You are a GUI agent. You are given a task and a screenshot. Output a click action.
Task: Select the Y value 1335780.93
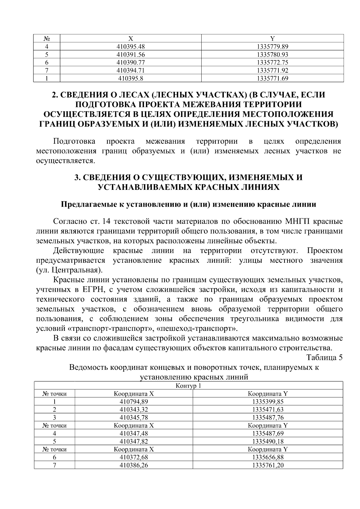(x=272, y=55)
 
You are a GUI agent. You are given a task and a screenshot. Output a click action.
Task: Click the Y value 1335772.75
(x=272, y=63)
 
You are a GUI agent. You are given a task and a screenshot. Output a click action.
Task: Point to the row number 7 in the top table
(x=47, y=70)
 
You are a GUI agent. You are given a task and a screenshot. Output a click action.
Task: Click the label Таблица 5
(x=324, y=358)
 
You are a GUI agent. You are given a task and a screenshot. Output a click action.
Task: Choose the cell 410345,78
(x=134, y=417)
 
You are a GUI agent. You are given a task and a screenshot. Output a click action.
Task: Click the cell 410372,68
(x=134, y=457)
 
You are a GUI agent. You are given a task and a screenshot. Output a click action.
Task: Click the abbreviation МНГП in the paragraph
(x=296, y=222)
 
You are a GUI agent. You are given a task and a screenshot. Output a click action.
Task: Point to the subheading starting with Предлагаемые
(x=188, y=205)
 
